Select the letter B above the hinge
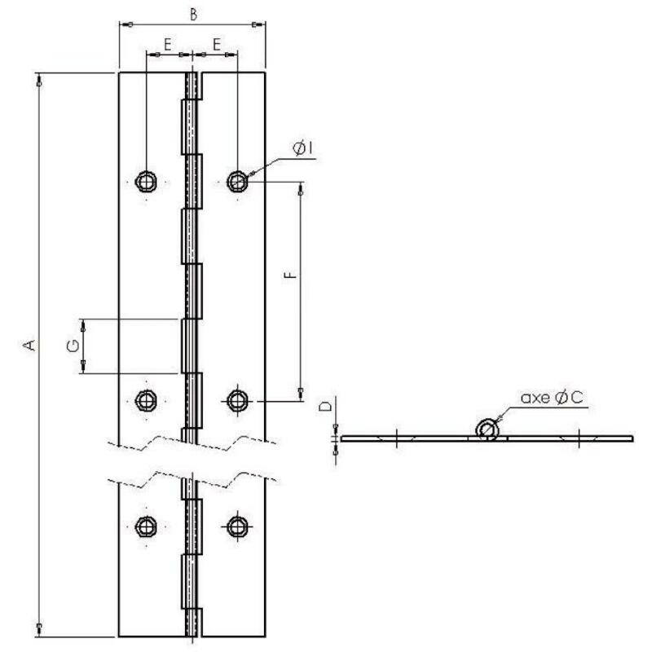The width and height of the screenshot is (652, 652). point(193,14)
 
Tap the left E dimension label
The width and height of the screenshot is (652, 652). point(168,44)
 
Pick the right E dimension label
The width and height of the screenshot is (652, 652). point(217,44)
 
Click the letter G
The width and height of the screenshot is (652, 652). point(73,346)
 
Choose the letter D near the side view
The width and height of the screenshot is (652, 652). point(325,406)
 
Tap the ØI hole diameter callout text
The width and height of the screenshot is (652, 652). point(302,148)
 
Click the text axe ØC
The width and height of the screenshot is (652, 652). point(552,398)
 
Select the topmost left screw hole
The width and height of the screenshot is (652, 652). point(146,181)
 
